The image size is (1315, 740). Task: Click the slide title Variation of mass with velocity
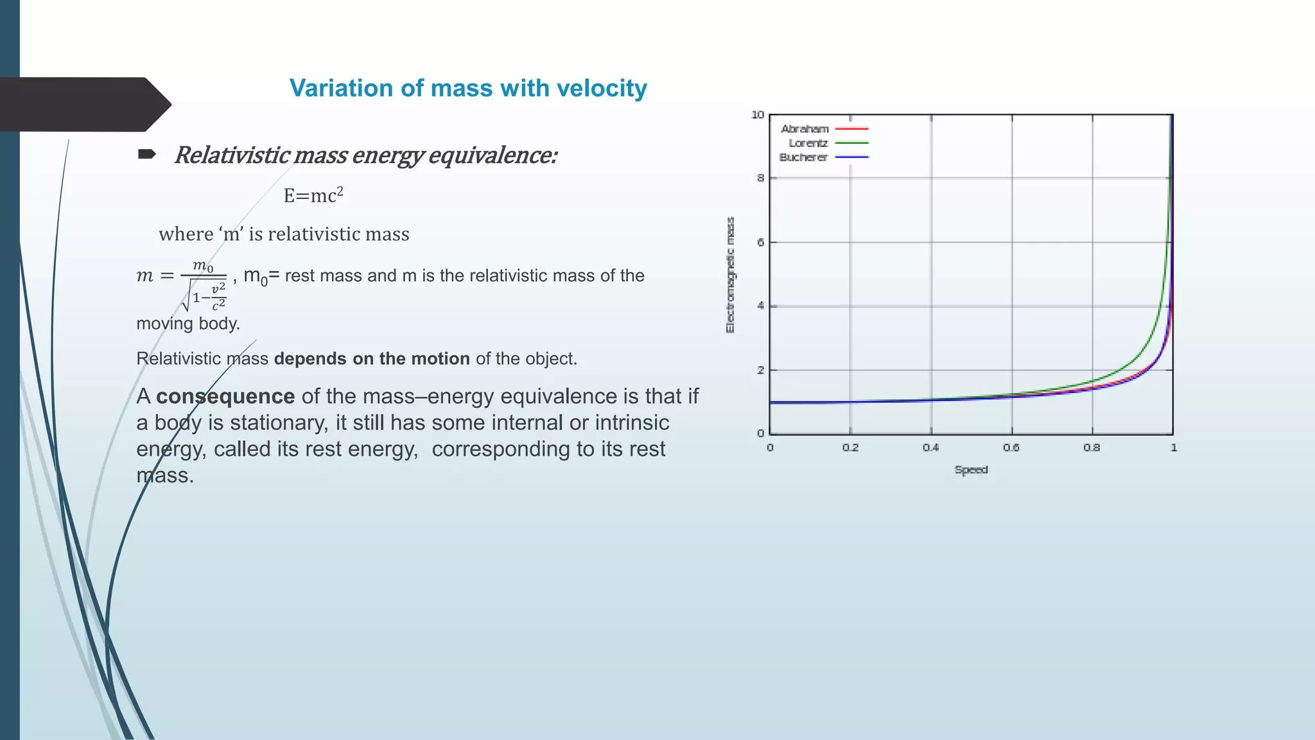468,88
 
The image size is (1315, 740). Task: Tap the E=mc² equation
313,195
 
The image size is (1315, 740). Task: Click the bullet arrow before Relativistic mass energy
147,154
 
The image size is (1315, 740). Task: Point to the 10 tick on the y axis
758,115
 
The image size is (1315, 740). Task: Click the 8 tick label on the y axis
760,178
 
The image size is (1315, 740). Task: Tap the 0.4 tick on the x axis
930,448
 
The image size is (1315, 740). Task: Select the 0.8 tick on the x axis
1092,448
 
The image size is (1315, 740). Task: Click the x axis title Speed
971,470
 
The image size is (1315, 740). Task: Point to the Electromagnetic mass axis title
730,275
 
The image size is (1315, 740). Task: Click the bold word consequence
225,396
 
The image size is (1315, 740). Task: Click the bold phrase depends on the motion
372,358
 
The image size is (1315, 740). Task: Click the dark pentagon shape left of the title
83,104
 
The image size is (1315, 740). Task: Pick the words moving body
187,323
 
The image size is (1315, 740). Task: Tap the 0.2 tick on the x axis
850,448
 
